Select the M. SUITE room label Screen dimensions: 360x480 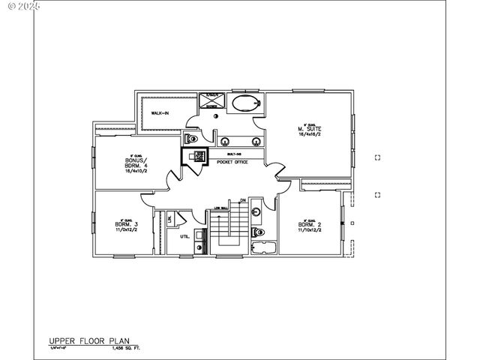[x=309, y=128]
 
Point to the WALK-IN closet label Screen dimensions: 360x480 [x=160, y=113]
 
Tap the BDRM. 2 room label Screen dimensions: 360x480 [x=310, y=224]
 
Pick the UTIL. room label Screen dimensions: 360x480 [x=184, y=236]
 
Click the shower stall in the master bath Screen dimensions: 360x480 [x=211, y=100]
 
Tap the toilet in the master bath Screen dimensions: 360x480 [x=192, y=139]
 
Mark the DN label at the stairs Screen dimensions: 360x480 [x=243, y=200]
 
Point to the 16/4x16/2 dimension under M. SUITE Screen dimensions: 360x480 [x=309, y=134]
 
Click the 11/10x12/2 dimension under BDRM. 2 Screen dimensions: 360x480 [x=310, y=230]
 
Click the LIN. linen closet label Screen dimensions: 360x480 [x=169, y=219]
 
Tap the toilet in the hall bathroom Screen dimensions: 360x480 [x=256, y=211]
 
